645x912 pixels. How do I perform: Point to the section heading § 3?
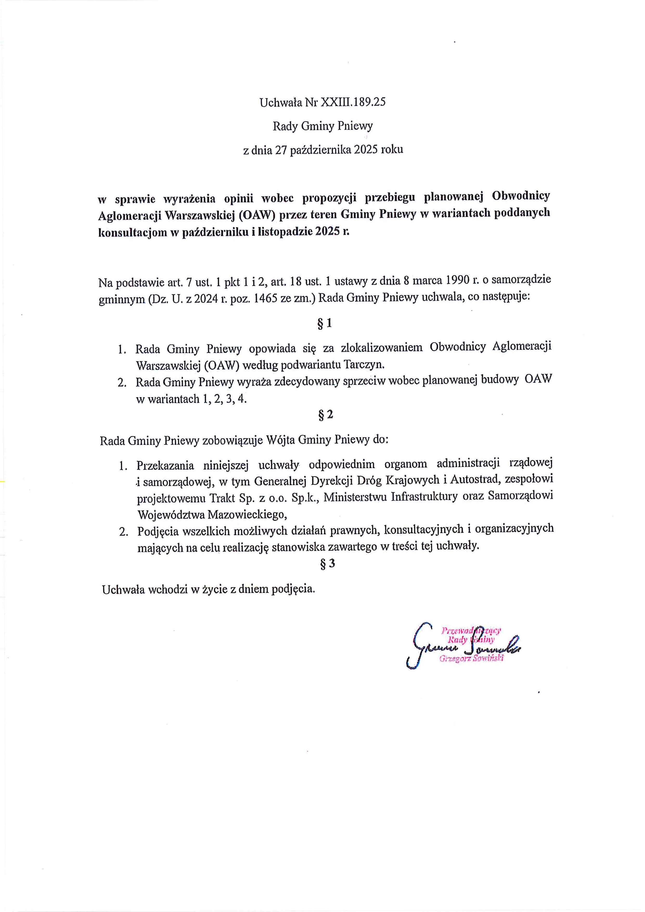(327, 564)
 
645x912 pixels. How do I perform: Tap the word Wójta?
(280, 440)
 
